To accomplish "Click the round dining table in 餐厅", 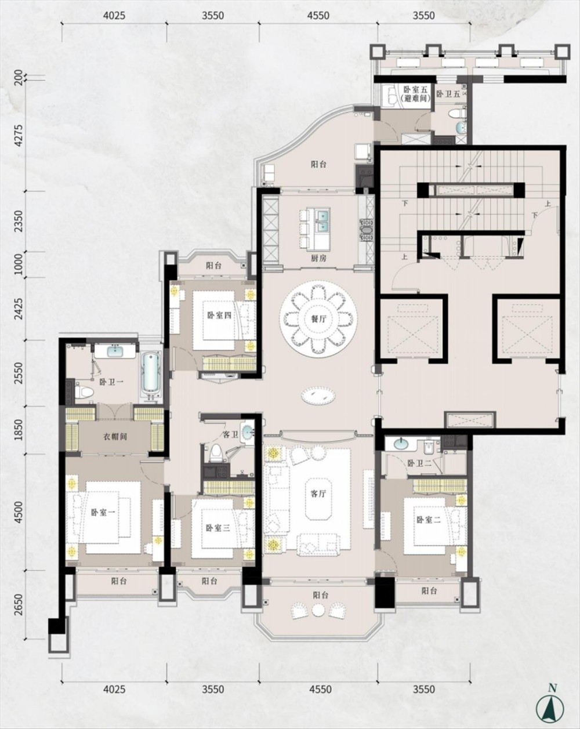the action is [x=318, y=317].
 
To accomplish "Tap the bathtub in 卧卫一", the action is [x=151, y=373].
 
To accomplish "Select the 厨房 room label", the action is [x=318, y=258].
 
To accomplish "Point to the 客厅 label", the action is [x=318, y=494].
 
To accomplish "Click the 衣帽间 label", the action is [x=115, y=436].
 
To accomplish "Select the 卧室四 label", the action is [x=219, y=315].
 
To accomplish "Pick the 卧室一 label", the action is [x=103, y=513].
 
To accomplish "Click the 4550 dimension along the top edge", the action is [x=318, y=16].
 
